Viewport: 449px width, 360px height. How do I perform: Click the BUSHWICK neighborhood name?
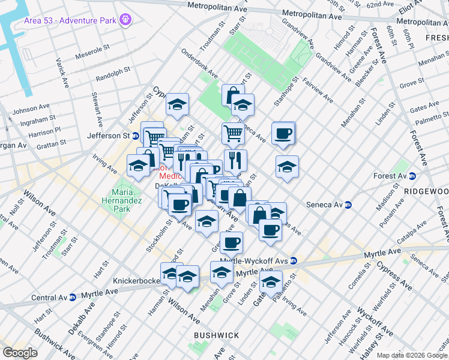coord(216,335)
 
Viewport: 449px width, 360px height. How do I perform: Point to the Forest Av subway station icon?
coord(412,176)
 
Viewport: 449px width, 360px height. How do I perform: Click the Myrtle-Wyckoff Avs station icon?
coord(293,260)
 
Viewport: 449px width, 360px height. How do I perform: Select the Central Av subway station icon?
coord(73,297)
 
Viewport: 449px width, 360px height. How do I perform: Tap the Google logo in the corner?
coord(20,352)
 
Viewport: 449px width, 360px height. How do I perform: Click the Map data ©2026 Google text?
coord(412,355)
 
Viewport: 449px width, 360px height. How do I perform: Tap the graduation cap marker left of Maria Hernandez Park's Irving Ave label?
coord(138,166)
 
